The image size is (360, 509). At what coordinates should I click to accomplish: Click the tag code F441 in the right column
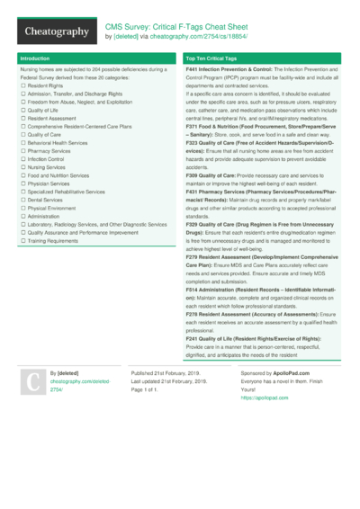(x=193, y=69)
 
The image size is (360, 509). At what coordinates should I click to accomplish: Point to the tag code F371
(x=193, y=127)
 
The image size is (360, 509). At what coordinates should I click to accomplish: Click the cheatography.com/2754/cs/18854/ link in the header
(x=209, y=37)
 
